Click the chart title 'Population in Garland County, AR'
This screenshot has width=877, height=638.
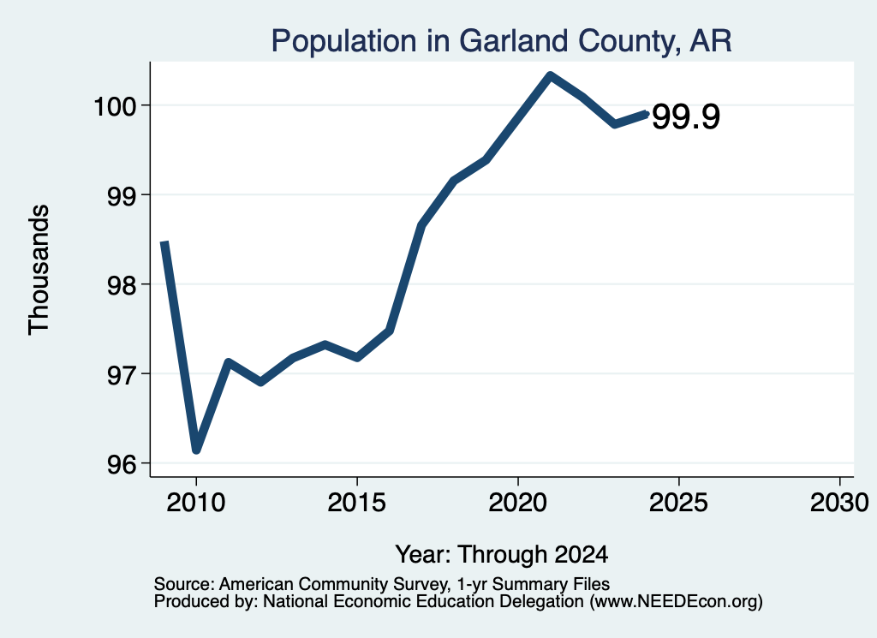tap(501, 41)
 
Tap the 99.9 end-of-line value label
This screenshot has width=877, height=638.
tap(686, 116)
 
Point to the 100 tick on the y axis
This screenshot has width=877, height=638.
tap(115, 105)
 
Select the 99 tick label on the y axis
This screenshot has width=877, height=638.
tap(122, 195)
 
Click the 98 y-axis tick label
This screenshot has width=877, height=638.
tap(122, 284)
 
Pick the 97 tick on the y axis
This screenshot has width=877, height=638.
tap(122, 374)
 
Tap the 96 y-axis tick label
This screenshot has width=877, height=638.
tap(122, 463)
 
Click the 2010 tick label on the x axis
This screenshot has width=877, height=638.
tap(196, 502)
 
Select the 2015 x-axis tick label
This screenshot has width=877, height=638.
tap(357, 502)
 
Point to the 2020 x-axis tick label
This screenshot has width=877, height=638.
tap(518, 502)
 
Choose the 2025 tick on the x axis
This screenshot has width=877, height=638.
tap(678, 502)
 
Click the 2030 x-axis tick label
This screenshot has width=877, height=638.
tap(839, 502)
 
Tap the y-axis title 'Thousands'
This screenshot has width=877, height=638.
tap(39, 270)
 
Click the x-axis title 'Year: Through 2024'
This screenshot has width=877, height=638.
tap(502, 554)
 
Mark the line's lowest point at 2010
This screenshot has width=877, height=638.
tap(196, 450)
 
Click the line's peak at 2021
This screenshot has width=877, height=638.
tap(551, 75)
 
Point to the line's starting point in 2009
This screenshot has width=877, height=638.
tap(164, 243)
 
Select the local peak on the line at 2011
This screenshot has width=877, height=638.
tap(228, 361)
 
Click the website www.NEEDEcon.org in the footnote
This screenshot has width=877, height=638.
tap(675, 602)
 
